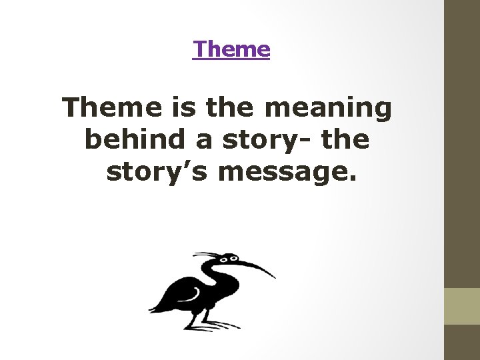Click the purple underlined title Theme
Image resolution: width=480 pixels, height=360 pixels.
pos(231,49)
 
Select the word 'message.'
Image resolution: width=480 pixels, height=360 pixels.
pos(287,171)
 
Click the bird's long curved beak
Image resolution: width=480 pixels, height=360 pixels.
pos(257,265)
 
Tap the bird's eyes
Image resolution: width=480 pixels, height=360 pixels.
pos(230,258)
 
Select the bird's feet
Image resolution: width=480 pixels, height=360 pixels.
pos(210,325)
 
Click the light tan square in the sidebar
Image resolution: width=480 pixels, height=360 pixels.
pos(462,306)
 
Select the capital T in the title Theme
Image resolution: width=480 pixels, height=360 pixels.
pos(199,49)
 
